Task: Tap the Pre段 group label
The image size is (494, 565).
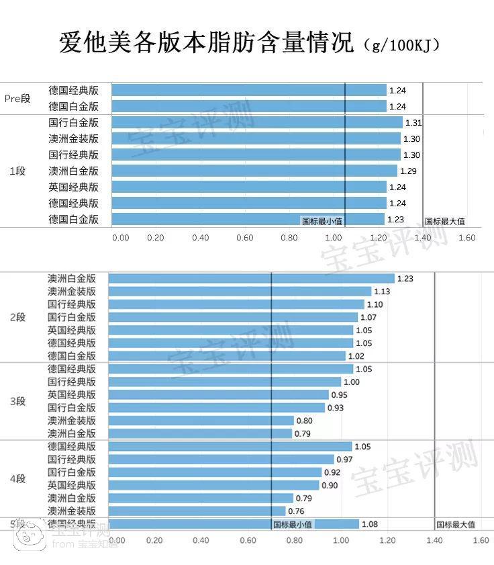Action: [x=18, y=99]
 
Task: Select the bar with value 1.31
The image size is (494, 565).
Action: [x=257, y=122]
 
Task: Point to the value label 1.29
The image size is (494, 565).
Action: [x=408, y=171]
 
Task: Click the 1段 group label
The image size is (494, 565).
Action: [x=17, y=171]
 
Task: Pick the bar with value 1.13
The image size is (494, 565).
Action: [x=240, y=292]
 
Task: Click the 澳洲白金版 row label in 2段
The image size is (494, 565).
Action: [x=72, y=278]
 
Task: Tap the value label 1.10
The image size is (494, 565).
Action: [x=375, y=304]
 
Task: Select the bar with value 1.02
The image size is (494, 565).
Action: [x=227, y=356]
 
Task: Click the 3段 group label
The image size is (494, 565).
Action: [x=17, y=401]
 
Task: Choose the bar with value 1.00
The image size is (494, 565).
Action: [x=225, y=382]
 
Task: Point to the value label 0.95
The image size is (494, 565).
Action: [x=340, y=395]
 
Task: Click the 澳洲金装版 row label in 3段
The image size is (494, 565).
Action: [x=72, y=421]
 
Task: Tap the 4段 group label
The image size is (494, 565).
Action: [x=17, y=479]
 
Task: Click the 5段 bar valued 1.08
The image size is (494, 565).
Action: [x=234, y=524]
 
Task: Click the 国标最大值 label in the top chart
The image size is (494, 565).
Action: [x=445, y=221]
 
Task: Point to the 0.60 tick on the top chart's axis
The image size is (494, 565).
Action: [x=244, y=238]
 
